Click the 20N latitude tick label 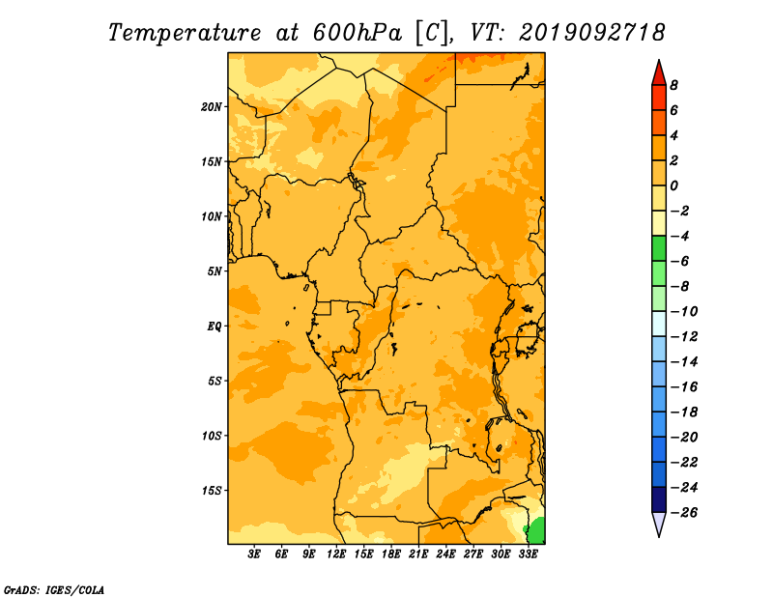point(212,107)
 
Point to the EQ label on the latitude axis point(215,327)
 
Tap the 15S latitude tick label point(212,491)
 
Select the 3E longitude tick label point(254,554)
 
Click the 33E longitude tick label point(528,554)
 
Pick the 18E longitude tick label point(391,554)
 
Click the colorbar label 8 point(673,85)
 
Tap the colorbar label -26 point(684,513)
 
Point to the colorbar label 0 point(673,185)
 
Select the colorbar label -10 point(684,312)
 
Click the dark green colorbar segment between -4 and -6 point(659,248)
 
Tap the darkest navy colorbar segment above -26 point(659,499)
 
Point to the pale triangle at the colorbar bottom point(659,524)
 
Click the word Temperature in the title point(185,33)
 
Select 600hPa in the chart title point(357,33)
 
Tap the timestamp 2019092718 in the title point(591,33)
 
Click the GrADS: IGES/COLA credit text point(54,589)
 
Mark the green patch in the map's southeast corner point(537,531)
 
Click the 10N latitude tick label point(212,216)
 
